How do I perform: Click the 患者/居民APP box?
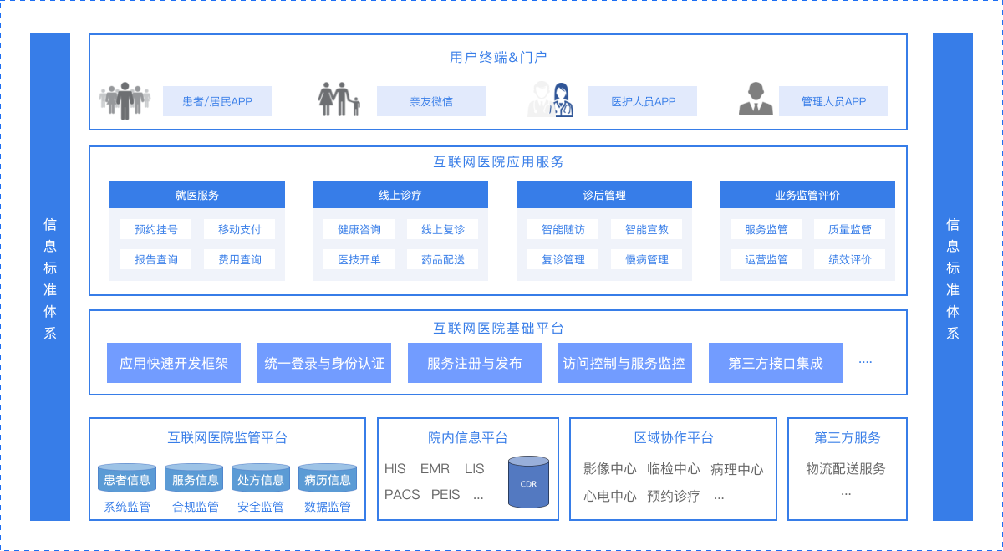point(217,101)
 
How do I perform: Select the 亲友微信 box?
point(431,101)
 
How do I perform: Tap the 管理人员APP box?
point(833,101)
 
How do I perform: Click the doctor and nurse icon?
point(550,99)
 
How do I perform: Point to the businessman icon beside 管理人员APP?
point(756,99)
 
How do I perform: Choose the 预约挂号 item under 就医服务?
point(156,229)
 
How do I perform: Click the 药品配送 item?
point(443,259)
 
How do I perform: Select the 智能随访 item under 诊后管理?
point(563,229)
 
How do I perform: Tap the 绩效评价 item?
point(850,259)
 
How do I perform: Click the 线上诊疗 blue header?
point(400,195)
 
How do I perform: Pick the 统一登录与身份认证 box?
point(324,363)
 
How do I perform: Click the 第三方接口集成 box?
point(776,363)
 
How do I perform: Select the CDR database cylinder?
point(529,482)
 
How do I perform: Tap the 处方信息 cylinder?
point(261,479)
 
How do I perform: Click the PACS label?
point(402,494)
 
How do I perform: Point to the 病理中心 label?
point(736,469)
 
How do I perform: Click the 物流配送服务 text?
point(846,468)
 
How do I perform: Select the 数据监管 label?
point(328,507)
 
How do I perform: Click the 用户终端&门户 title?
point(498,57)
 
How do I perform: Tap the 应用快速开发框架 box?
point(174,363)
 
